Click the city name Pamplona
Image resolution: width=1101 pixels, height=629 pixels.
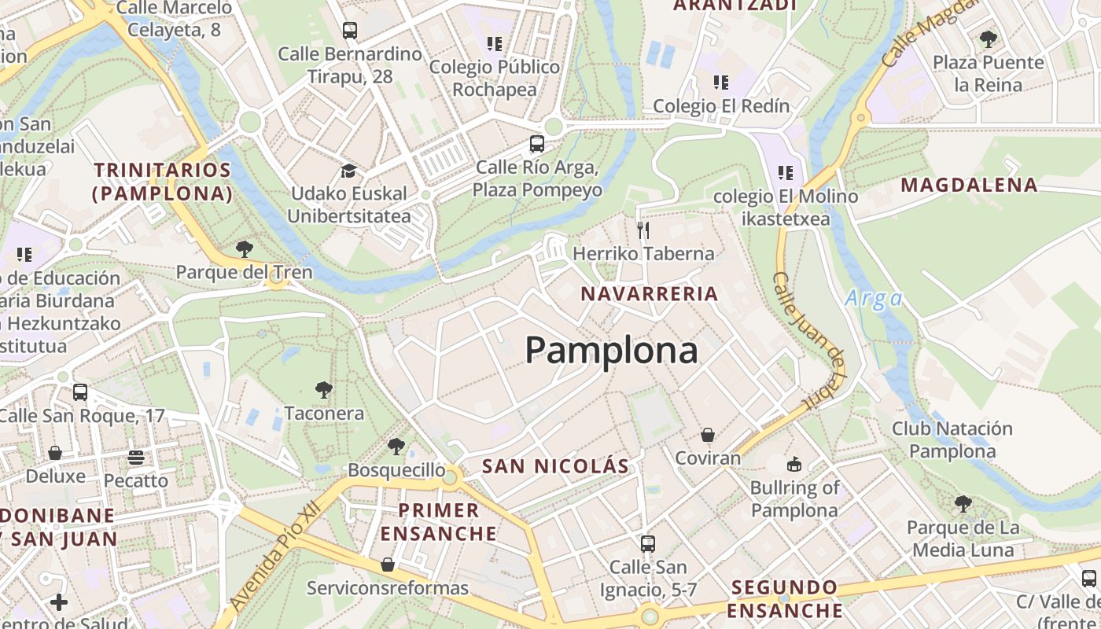click(611, 350)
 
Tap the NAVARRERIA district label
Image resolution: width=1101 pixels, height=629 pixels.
click(650, 294)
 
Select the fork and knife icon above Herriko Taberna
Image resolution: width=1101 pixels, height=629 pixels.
click(643, 230)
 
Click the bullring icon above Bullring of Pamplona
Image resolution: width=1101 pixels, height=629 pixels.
click(794, 464)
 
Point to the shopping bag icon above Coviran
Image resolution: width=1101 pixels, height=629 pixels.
click(708, 435)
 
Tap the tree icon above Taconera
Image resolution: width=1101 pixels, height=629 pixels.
click(323, 389)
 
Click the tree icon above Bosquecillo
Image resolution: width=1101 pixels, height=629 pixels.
click(396, 447)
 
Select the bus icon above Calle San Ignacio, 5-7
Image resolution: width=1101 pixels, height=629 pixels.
click(648, 543)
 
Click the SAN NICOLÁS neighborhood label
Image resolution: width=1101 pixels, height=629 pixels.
click(556, 466)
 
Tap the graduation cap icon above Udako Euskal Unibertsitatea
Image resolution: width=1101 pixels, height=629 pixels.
click(348, 171)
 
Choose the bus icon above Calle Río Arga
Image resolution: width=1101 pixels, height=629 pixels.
click(537, 144)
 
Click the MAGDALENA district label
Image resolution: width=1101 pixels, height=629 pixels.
click(969, 186)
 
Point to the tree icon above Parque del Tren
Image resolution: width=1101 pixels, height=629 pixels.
click(245, 249)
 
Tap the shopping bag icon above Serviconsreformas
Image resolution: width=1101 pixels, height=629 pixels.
click(388, 565)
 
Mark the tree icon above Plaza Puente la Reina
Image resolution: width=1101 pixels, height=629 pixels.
click(989, 39)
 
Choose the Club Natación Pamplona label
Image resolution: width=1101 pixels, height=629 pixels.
click(952, 440)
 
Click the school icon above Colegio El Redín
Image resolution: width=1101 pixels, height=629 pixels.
click(721, 82)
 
